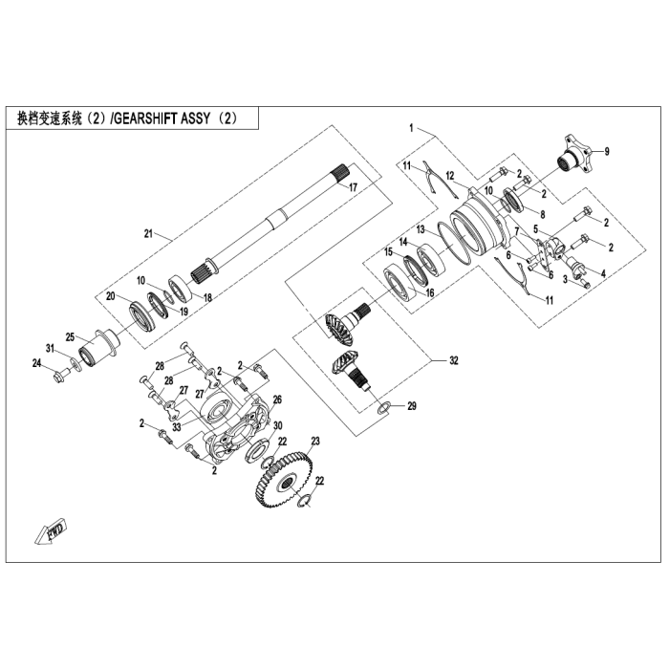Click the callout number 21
click(x=148, y=234)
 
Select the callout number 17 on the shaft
click(x=353, y=187)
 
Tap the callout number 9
click(x=607, y=152)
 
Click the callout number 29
click(x=413, y=407)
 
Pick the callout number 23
click(x=314, y=441)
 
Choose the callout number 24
click(x=36, y=363)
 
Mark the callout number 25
click(x=69, y=336)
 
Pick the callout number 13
click(x=419, y=230)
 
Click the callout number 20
click(x=111, y=296)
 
